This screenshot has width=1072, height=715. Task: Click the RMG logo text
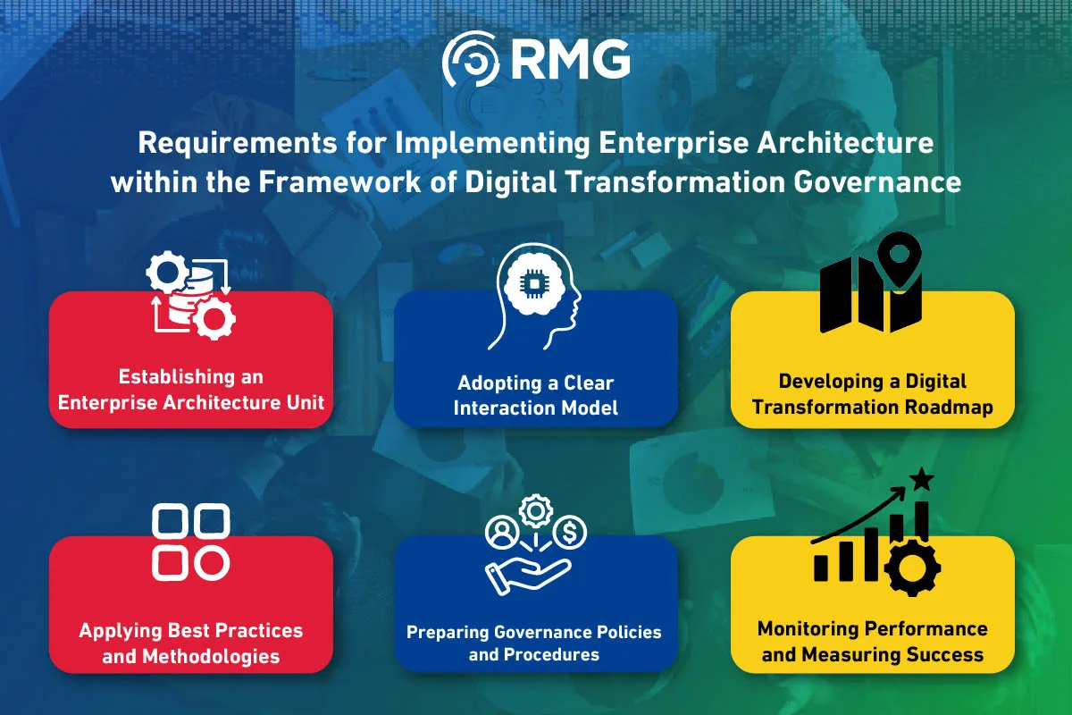pos(571,59)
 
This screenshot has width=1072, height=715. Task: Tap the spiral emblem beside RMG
pos(471,58)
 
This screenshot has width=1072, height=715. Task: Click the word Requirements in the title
pos(238,143)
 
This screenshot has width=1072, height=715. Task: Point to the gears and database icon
pos(191,295)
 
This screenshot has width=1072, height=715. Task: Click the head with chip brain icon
pos(534,297)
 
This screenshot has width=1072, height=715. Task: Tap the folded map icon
pos(870,295)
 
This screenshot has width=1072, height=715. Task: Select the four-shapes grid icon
pos(191,542)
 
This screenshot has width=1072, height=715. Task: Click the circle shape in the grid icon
pos(212,563)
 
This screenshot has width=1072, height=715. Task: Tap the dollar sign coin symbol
pos(570,532)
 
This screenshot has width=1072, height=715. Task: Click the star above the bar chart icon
pos(921,479)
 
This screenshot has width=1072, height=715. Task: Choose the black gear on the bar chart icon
pos(912,568)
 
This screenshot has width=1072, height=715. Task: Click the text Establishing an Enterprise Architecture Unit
pos(191,390)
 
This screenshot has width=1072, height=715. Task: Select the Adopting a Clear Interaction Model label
pos(535,395)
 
